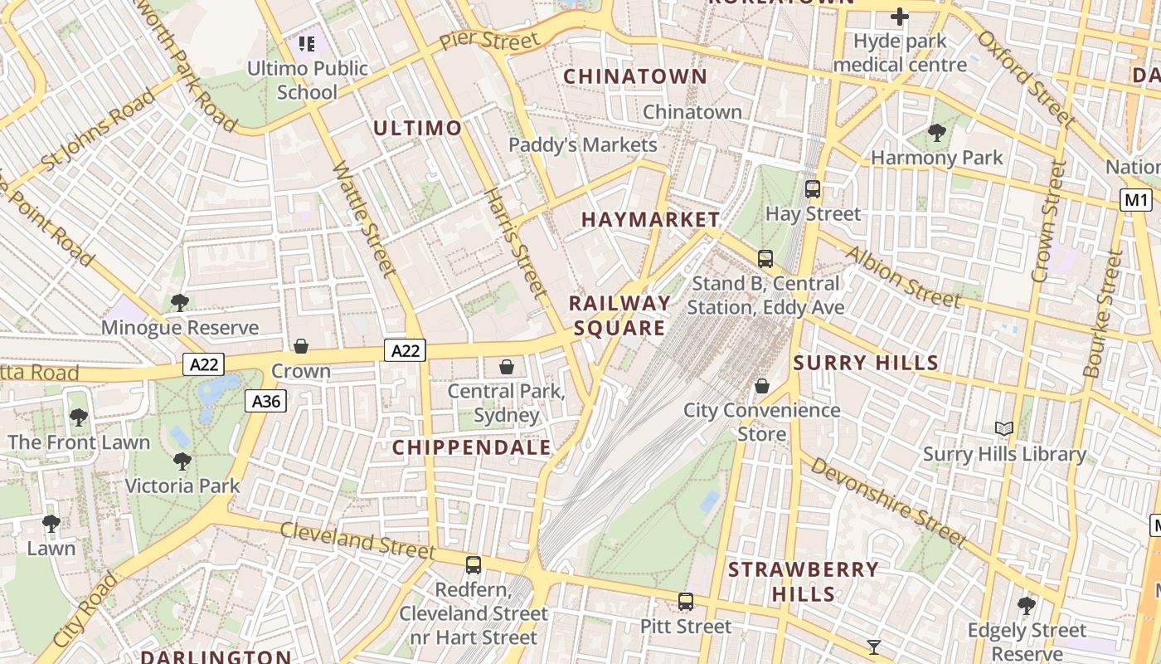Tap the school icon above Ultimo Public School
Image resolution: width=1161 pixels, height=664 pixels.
tap(307, 43)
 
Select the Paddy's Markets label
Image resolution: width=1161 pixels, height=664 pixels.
tap(582, 144)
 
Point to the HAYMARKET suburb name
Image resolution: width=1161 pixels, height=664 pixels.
tap(650, 220)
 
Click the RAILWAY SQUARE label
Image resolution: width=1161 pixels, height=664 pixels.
tap(619, 315)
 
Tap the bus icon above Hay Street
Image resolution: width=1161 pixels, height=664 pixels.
tap(813, 189)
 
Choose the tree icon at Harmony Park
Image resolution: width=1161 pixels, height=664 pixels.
tap(937, 132)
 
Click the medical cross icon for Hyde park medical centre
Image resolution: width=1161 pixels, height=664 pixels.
tap(900, 17)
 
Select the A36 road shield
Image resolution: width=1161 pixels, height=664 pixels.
tap(265, 402)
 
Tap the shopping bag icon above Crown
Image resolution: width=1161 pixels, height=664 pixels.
tap(301, 346)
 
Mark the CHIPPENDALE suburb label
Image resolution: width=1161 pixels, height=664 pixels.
tap(472, 448)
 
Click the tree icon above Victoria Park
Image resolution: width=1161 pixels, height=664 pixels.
tap(182, 461)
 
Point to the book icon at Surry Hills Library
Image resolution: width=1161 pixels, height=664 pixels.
tap(1004, 428)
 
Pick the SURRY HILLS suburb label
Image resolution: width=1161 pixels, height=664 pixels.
tap(866, 363)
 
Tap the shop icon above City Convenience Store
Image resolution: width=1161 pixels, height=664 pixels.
tap(762, 386)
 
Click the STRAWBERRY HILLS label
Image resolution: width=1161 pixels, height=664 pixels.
tap(804, 581)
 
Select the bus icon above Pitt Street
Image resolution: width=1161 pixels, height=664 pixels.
tap(686, 602)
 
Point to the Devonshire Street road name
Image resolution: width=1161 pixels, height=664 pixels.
tap(888, 502)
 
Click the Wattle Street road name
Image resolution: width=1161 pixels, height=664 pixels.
tap(364, 218)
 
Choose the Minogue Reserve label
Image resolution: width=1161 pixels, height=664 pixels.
tap(180, 328)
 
